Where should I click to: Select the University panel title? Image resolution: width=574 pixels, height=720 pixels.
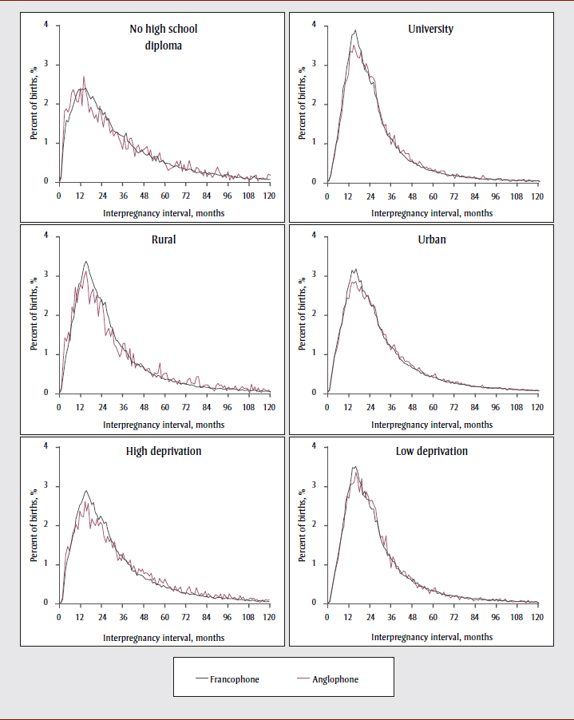click(431, 30)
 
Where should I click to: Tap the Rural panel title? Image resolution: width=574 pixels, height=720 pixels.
click(163, 240)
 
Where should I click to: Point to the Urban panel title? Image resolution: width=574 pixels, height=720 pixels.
click(431, 240)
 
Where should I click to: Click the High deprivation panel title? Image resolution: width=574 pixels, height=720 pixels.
click(163, 451)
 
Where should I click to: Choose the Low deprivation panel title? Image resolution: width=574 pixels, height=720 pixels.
click(431, 451)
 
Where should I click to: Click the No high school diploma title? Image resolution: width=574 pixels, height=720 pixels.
click(163, 37)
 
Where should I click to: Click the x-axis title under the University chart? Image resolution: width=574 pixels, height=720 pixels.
click(432, 213)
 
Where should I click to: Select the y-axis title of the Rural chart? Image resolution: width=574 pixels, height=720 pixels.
click(34, 314)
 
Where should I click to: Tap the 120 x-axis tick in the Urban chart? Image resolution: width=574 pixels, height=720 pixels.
click(537, 406)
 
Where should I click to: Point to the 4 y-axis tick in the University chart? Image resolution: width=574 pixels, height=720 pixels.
click(314, 25)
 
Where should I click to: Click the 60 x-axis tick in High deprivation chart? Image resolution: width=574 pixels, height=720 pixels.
click(164, 617)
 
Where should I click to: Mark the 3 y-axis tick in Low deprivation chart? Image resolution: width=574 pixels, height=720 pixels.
click(314, 485)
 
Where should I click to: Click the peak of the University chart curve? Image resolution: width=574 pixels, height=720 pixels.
click(354, 31)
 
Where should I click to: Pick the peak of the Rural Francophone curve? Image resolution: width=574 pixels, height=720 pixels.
click(85, 261)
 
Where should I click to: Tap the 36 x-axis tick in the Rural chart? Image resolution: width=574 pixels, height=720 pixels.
click(122, 406)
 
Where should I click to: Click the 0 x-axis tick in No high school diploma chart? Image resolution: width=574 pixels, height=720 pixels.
click(59, 195)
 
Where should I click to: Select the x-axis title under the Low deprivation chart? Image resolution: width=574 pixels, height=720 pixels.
click(432, 637)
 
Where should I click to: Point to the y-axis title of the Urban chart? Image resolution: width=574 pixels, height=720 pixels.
click(303, 314)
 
